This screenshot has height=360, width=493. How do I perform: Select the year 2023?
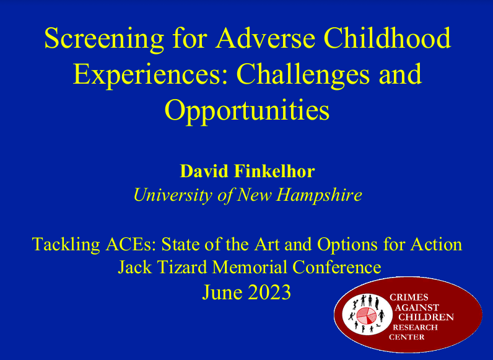click(x=266, y=292)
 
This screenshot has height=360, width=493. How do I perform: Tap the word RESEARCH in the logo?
click(x=416, y=327)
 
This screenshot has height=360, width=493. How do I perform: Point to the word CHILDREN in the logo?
click(x=425, y=317)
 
